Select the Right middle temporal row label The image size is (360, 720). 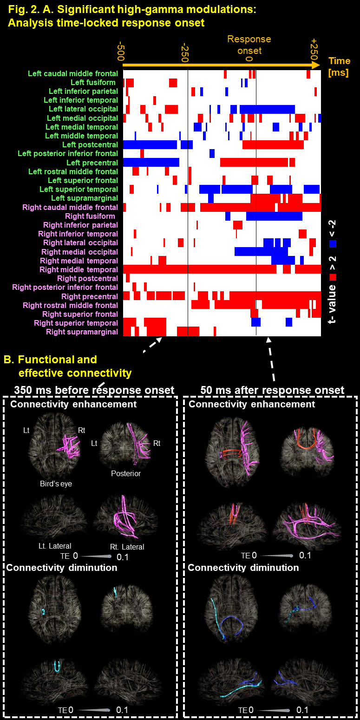[79, 269]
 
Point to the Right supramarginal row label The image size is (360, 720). [82, 332]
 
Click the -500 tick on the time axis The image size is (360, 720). [121, 52]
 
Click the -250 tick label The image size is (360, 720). [185, 52]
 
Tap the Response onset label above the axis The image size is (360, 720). [249, 45]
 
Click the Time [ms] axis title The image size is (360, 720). [339, 66]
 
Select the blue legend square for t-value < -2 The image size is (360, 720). [333, 243]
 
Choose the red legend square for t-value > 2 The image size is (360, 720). [333, 277]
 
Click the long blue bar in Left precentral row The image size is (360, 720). [151, 163]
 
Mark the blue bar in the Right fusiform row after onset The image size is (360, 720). [274, 216]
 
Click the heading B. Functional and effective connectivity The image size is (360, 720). [68, 366]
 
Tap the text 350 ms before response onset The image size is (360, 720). [94, 390]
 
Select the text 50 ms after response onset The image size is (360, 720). [272, 390]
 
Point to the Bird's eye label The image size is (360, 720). [55, 484]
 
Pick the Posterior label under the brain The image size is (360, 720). [126, 473]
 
